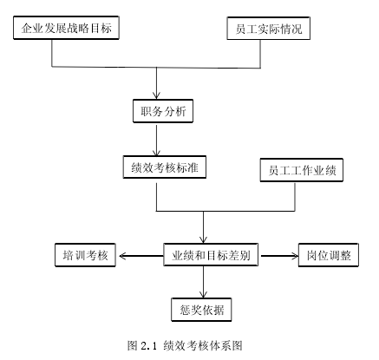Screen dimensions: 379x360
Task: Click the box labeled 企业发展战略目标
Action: coord(66,28)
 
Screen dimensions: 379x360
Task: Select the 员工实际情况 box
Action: coord(269,29)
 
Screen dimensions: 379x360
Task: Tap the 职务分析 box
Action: coord(163,111)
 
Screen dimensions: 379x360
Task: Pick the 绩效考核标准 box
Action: coord(165,167)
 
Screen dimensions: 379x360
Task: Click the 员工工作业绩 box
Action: coord(302,170)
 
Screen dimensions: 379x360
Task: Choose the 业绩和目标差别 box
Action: coord(211,255)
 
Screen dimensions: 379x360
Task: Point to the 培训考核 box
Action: coord(85,255)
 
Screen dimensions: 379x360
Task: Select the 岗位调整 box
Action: coord(329,255)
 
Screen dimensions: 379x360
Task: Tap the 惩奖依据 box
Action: coord(201,310)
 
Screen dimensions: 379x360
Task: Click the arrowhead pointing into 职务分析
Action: coord(156,95)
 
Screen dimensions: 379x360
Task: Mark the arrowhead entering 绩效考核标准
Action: coord(156,153)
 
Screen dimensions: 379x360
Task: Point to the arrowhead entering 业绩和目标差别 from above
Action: coord(203,239)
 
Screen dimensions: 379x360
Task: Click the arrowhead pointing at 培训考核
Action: coord(122,256)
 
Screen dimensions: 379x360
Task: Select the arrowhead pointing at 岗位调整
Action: coord(295,256)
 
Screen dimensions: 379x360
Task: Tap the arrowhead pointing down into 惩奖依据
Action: coord(203,294)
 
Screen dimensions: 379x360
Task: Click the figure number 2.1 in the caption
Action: coord(148,345)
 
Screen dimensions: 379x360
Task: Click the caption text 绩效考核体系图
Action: coord(203,345)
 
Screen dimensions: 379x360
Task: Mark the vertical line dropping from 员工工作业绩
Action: coord(295,197)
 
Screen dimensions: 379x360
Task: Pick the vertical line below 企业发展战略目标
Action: coord(52,53)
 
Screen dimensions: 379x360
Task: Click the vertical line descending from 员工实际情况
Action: coord(260,54)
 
